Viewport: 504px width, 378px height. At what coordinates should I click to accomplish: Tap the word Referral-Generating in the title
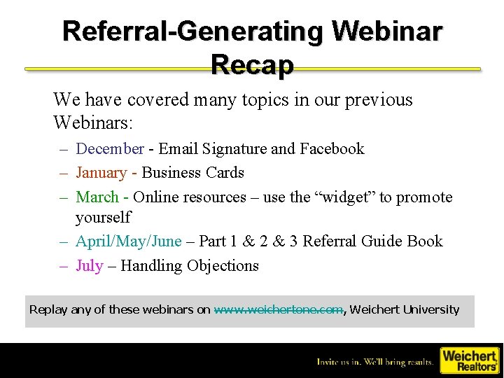[192, 31]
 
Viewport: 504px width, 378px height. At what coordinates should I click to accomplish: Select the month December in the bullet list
[110, 148]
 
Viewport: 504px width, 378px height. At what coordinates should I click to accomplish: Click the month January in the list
[101, 173]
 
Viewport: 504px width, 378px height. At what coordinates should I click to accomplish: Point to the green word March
[97, 197]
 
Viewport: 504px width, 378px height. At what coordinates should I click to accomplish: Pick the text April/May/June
[128, 241]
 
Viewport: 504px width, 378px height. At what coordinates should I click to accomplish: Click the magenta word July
[89, 266]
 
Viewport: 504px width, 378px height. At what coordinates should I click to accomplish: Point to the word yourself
[103, 217]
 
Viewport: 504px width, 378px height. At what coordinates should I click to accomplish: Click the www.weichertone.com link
[279, 309]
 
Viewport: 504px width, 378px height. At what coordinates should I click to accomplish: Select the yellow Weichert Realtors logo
[468, 360]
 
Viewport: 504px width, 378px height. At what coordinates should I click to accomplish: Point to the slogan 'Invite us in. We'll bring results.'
[374, 362]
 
